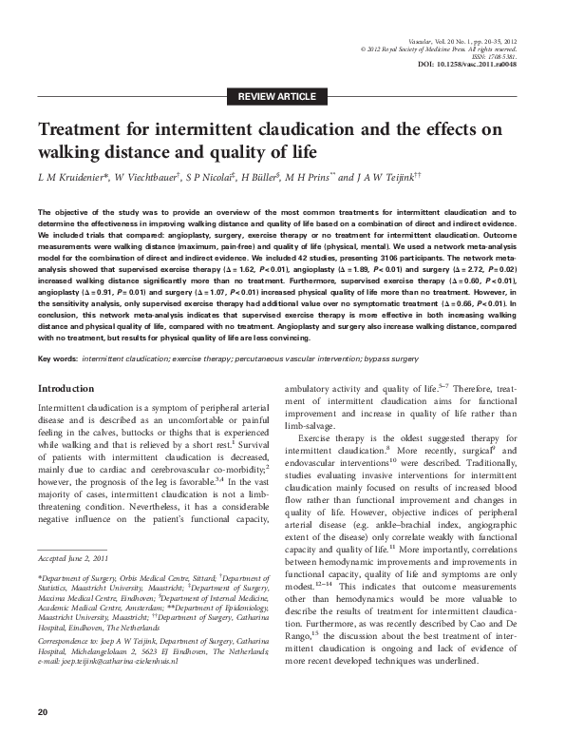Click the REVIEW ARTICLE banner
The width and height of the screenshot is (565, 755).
coord(282,96)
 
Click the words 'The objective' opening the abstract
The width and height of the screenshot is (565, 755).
coord(59,211)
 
